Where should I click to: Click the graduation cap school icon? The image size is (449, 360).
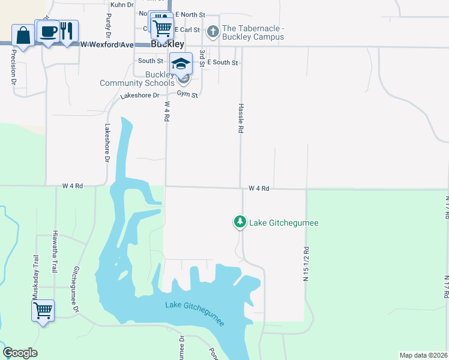coord(181,63)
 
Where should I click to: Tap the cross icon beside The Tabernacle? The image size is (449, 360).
coord(212,31)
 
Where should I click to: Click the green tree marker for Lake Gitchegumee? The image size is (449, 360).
coord(240,223)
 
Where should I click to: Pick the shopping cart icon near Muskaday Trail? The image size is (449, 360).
coord(43,311)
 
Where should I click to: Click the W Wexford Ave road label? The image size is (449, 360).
coord(107,44)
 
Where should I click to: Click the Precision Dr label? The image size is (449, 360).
coord(13,67)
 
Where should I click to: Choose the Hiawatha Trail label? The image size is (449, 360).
coord(55,251)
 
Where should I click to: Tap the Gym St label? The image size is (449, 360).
coord(187,94)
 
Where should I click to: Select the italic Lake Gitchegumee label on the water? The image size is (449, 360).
coord(195,313)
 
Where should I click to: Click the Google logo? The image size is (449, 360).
coord(20,353)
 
